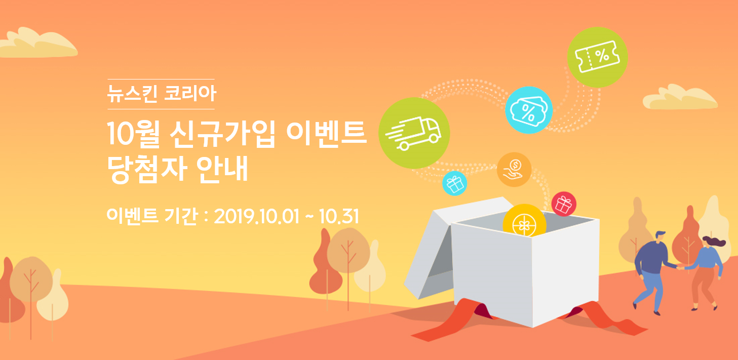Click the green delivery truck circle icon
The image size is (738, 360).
pos(414,133)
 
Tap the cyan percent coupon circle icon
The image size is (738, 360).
pos(529,110)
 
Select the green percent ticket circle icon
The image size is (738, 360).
pos(597,57)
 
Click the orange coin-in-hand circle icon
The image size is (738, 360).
pos(514,170)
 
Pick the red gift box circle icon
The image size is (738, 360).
pos(564,204)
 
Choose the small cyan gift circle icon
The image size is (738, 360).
pos(455,183)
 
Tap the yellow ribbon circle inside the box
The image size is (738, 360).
pos(524,221)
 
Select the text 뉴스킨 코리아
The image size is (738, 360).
pos(162,94)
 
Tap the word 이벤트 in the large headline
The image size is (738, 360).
pos(326,133)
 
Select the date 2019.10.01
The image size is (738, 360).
pos(256,216)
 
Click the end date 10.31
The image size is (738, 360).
pos(339,216)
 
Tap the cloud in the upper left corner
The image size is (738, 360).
pos(38,43)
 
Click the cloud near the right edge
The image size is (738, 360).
pos(680,97)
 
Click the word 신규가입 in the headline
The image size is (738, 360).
pos(222,133)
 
